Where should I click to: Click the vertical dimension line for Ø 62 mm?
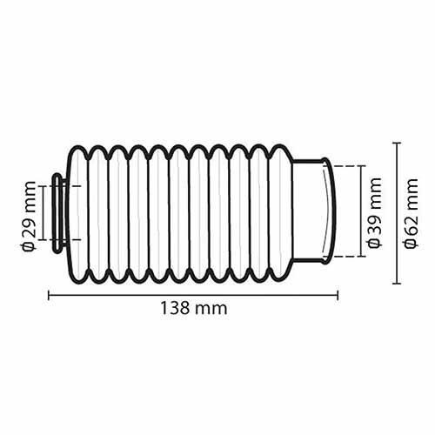pyautogui.click(x=397, y=213)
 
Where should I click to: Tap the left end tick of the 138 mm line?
pyautogui.click(x=49, y=296)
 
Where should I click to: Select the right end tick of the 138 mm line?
pyautogui.click(x=338, y=296)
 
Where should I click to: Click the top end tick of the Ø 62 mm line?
pyautogui.click(x=397, y=144)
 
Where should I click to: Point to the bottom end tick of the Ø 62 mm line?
pyautogui.click(x=397, y=284)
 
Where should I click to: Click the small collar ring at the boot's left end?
pyautogui.click(x=57, y=214)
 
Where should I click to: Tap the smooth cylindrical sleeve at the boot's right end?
pyautogui.click(x=310, y=211)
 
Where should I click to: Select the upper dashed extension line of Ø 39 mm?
pyautogui.click(x=346, y=166)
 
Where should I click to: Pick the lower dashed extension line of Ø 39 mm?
pyautogui.click(x=346, y=257)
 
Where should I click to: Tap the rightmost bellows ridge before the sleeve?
pyautogui.click(x=281, y=213)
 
